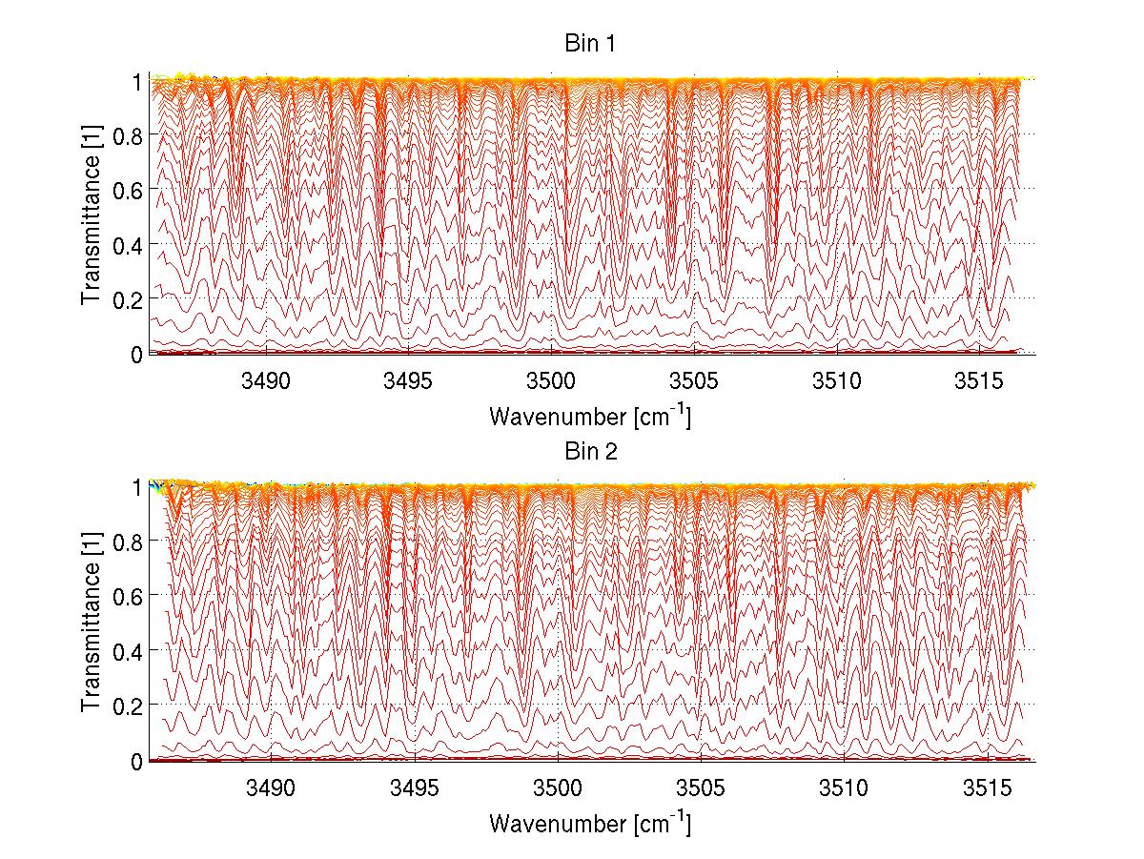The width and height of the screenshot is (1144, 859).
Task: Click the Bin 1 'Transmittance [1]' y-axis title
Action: (92, 217)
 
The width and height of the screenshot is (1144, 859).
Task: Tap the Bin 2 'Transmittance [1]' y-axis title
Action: (92, 624)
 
